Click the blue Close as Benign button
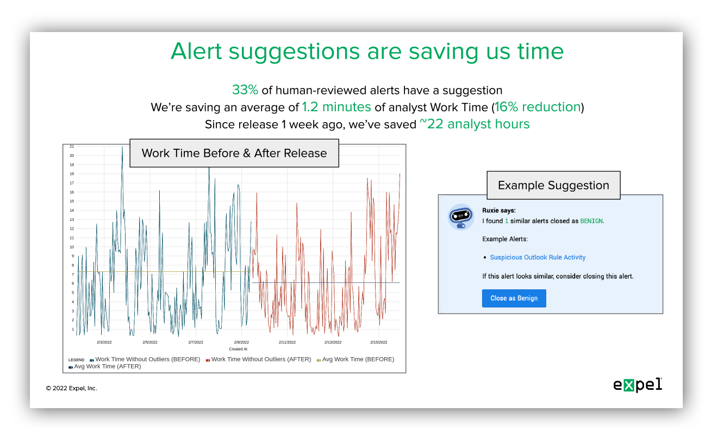pos(514,298)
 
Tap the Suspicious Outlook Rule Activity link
pos(538,257)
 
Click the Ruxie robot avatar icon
pos(461,217)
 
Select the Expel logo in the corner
pos(638,385)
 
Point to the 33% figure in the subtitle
pos(245,90)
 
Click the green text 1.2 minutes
pos(336,107)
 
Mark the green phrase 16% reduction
pos(538,107)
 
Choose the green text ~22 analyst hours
pos(475,124)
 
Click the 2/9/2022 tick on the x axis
pos(241,342)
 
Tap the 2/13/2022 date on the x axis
pos(333,342)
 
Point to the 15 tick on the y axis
pos(72,201)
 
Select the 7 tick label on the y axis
pos(73,275)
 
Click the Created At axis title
pos(238,349)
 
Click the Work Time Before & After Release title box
pos(234,153)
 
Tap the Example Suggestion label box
pos(553,186)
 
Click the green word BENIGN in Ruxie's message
pos(591,221)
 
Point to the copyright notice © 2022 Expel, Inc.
pos(71,388)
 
